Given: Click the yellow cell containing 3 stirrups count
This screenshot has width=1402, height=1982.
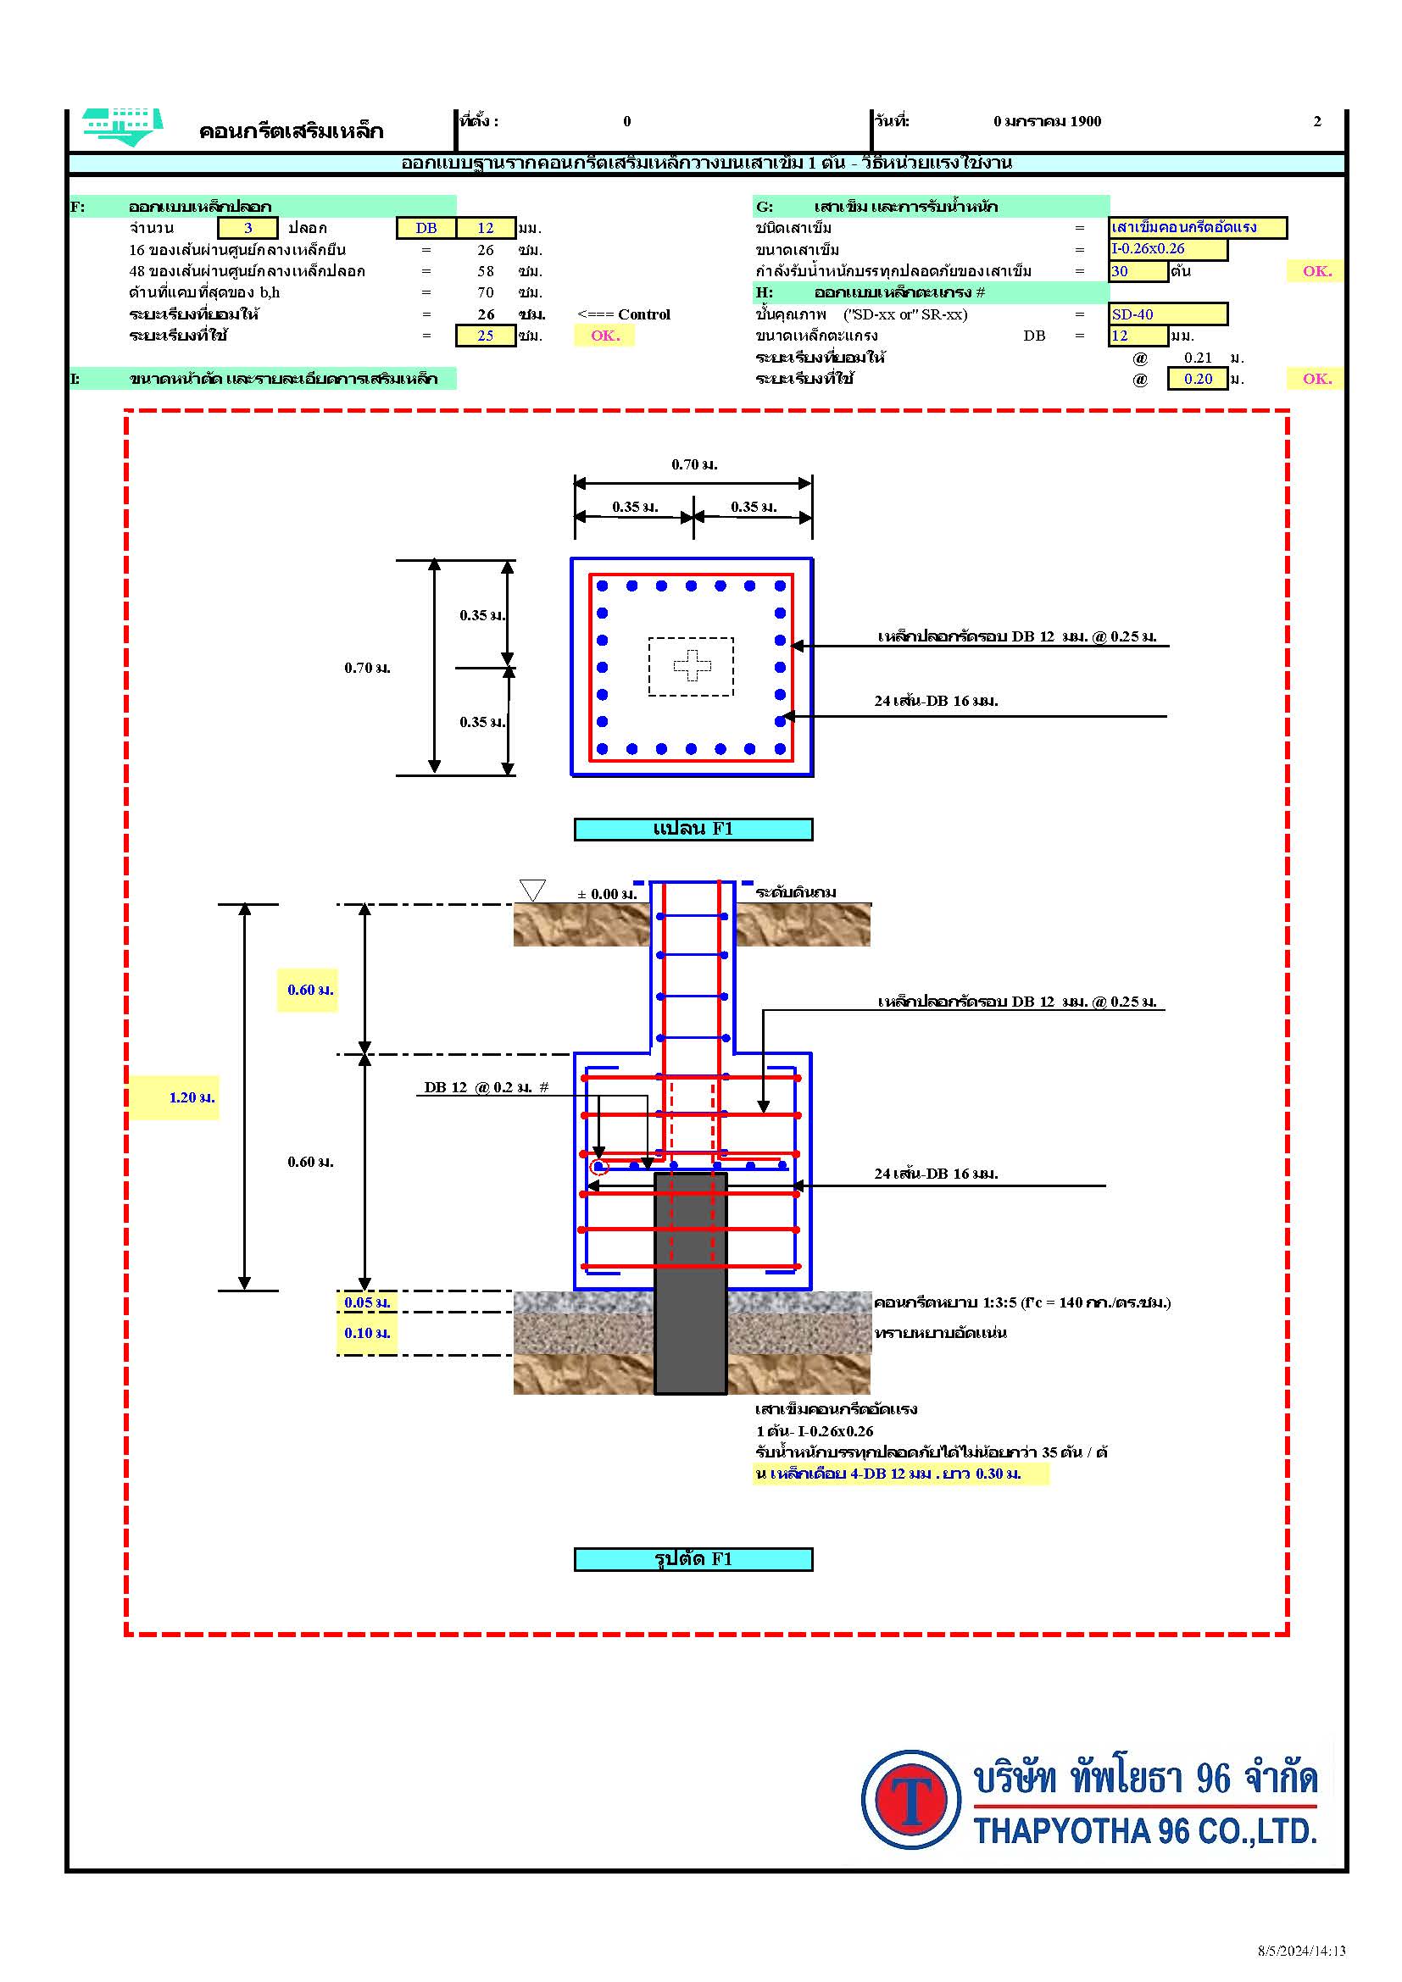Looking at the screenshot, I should [248, 228].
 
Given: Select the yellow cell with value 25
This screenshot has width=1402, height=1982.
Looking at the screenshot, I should [485, 336].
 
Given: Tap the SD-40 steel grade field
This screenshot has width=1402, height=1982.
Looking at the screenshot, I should [1167, 314].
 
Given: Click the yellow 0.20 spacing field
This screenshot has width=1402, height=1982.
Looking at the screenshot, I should [1197, 379].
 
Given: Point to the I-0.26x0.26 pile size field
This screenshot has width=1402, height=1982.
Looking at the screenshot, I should [1167, 249].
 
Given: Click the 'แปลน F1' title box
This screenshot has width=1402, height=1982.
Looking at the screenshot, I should [693, 829].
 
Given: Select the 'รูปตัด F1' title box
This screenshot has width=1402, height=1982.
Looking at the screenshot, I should [693, 1559].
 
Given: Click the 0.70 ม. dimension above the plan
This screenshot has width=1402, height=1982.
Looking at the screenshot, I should [694, 464].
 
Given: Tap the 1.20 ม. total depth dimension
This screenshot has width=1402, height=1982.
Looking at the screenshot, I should [191, 1098].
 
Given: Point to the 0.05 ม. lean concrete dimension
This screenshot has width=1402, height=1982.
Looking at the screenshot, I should [367, 1302].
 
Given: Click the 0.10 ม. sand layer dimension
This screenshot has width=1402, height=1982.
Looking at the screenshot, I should [367, 1333].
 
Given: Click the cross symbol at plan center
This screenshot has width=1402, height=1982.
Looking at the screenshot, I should [693, 664].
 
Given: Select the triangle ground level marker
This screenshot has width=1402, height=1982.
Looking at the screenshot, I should [532, 890].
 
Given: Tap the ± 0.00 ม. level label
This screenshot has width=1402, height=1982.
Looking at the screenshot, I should [607, 894].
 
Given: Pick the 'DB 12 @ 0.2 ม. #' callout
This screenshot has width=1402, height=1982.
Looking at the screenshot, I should [486, 1088].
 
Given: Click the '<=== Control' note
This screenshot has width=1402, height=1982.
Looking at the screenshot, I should [623, 314].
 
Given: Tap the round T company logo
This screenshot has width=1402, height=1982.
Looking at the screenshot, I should [910, 1800].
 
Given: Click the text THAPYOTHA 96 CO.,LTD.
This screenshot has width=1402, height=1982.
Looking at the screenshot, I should [1144, 1831].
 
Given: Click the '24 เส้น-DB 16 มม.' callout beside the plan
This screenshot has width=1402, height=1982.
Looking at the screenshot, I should [936, 701].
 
